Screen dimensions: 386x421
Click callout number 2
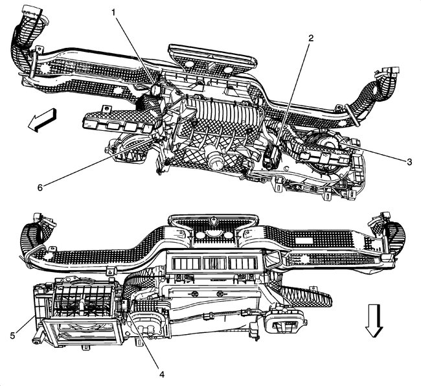(312, 38)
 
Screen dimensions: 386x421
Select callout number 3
(409, 162)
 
